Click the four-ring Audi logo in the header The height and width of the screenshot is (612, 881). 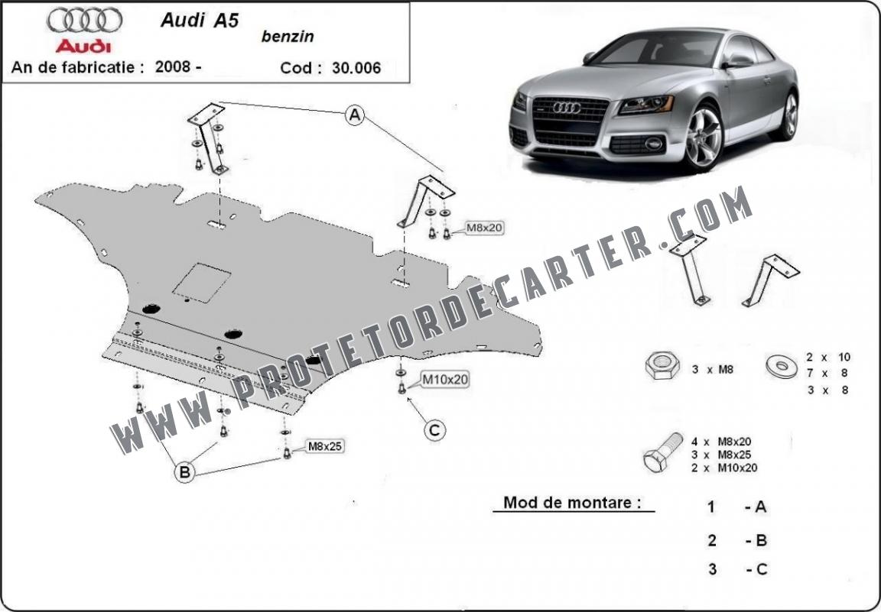[x=84, y=20]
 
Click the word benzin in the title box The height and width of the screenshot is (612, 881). [x=288, y=37]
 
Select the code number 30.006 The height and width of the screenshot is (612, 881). [x=356, y=68]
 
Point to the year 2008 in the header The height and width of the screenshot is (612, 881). [x=174, y=66]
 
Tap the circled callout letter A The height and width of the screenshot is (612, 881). [x=355, y=115]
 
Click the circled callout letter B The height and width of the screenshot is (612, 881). [x=184, y=471]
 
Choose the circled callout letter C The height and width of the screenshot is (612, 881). [x=434, y=431]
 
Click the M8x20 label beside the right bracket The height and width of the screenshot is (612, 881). [x=484, y=228]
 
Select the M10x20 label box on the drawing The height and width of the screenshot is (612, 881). [x=445, y=380]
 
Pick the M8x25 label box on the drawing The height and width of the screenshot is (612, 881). [x=324, y=446]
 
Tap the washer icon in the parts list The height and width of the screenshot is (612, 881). [x=782, y=366]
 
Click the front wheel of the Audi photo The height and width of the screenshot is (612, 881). [x=703, y=138]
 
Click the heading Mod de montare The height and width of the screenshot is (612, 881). [x=572, y=502]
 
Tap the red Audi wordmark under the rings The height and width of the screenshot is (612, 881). [x=83, y=46]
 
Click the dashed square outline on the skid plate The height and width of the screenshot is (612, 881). [x=201, y=283]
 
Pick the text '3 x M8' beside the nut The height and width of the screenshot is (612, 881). [x=713, y=370]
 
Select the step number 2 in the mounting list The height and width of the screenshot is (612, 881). [x=712, y=540]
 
